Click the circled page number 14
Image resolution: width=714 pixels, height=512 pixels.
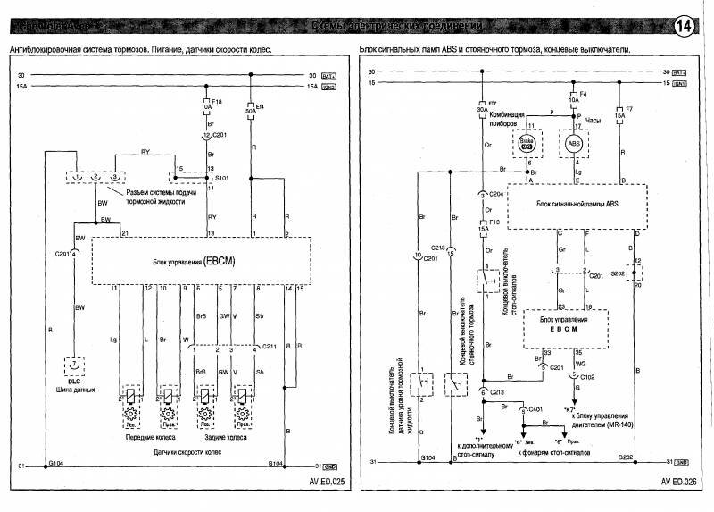[x=687, y=26]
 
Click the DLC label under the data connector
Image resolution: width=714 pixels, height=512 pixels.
[x=74, y=382]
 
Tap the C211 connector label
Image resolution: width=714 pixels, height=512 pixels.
[x=270, y=346]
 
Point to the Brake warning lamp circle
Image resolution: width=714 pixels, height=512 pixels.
[x=527, y=143]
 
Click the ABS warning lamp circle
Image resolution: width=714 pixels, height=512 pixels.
[x=576, y=143]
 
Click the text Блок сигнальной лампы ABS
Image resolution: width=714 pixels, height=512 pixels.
[x=577, y=206]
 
